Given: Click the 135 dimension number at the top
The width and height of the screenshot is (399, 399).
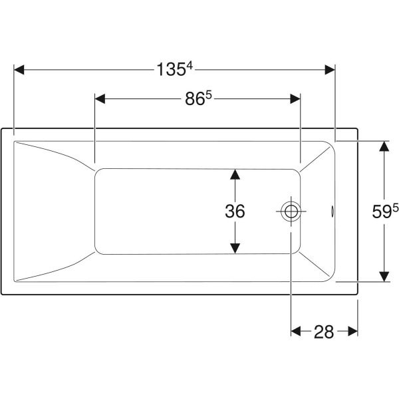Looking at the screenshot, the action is point(172,70).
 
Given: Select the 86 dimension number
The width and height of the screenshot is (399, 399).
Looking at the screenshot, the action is point(195,99).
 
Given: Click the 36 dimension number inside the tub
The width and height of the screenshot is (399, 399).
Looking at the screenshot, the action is point(235,211).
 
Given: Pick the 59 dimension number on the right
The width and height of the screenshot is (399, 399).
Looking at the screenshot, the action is point(382,211).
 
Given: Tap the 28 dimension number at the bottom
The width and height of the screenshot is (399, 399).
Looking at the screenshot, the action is point(324,332).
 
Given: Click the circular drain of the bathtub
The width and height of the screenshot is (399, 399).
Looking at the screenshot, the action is point(291,211).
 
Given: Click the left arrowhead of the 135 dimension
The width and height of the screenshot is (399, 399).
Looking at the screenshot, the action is point(19,70).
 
